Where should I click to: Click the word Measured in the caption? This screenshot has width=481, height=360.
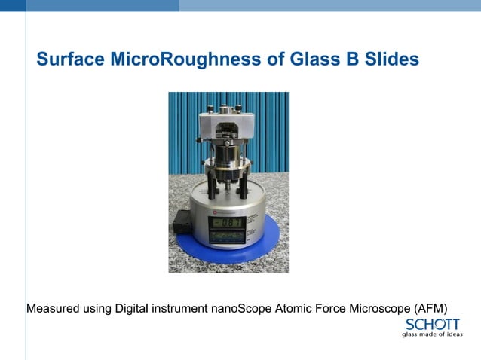(54, 308)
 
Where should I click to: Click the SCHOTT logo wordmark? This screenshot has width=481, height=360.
(432, 325)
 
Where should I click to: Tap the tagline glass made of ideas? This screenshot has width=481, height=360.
(432, 335)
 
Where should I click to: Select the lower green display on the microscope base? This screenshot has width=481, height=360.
(225, 237)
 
